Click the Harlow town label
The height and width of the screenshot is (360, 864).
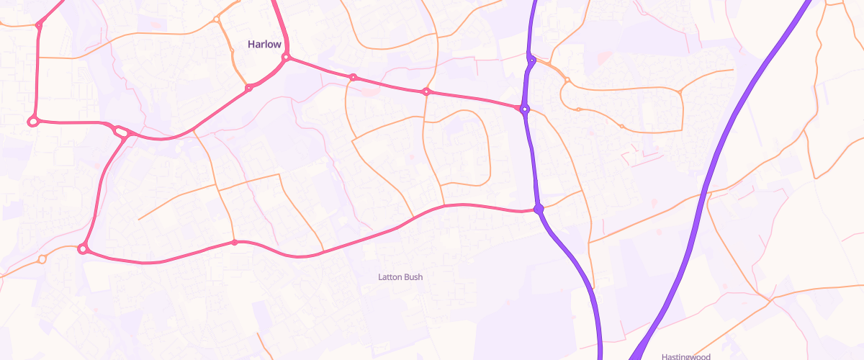pyautogui.click(x=264, y=45)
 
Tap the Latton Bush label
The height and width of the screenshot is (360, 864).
pyautogui.click(x=400, y=276)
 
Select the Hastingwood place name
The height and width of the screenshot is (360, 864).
pyautogui.click(x=685, y=356)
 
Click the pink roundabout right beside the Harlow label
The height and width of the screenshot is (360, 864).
pyautogui.click(x=286, y=57)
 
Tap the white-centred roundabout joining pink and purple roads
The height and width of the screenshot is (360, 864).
pyautogui.click(x=525, y=109)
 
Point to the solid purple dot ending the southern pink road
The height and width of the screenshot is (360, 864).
pyautogui.click(x=538, y=209)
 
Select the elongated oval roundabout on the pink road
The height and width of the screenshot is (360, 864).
pyautogui.click(x=121, y=132)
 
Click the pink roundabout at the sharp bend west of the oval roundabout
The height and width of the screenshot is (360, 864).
pyautogui.click(x=32, y=121)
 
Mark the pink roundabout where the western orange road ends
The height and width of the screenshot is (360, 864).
pyautogui.click(x=83, y=249)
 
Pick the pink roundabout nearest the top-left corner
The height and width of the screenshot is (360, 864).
pyautogui.click(x=39, y=25)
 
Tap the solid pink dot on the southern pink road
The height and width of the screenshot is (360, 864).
pyautogui.click(x=234, y=243)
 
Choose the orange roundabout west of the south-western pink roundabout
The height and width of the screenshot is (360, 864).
pyautogui.click(x=42, y=259)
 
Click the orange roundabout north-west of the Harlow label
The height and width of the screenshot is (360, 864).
pyautogui.click(x=217, y=19)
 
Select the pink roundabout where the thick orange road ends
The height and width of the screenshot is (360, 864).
pyautogui.click(x=249, y=88)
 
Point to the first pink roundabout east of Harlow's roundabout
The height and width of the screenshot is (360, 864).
pyautogui.click(x=353, y=77)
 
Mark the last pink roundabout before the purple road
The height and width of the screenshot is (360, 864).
pyautogui.click(x=426, y=91)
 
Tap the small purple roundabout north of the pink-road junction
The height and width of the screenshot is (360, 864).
pyautogui.click(x=531, y=61)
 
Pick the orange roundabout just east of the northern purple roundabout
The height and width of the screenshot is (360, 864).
pyautogui.click(x=567, y=79)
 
